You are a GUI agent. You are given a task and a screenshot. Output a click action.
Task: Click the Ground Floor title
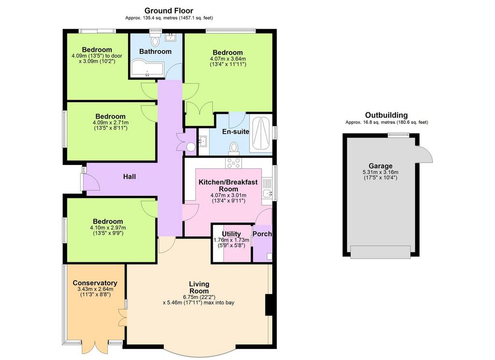[169, 11]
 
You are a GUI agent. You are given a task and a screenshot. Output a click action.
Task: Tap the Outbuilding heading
[386, 115]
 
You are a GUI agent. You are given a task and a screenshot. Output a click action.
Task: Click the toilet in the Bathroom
[155, 41]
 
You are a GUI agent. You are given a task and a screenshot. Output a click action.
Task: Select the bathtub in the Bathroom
[147, 67]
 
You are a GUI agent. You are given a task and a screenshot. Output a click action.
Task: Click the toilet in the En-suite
[234, 148]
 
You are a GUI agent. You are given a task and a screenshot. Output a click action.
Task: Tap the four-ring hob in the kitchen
[233, 163]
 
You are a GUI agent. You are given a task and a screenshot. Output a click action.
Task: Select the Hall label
[130, 176]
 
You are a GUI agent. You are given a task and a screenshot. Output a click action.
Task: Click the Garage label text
[380, 166]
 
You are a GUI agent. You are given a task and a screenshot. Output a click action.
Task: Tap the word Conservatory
[95, 283]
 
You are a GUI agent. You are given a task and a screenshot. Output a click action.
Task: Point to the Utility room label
[231, 234]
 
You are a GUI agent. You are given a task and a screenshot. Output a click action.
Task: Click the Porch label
[262, 234]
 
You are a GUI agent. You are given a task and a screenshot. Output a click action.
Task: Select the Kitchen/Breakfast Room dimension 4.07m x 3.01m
[228, 195]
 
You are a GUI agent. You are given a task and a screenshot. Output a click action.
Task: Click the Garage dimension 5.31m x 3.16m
[380, 172]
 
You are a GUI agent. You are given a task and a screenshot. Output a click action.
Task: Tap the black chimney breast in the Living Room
[269, 305]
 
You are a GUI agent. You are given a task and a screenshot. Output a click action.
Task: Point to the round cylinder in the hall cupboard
[191, 147]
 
